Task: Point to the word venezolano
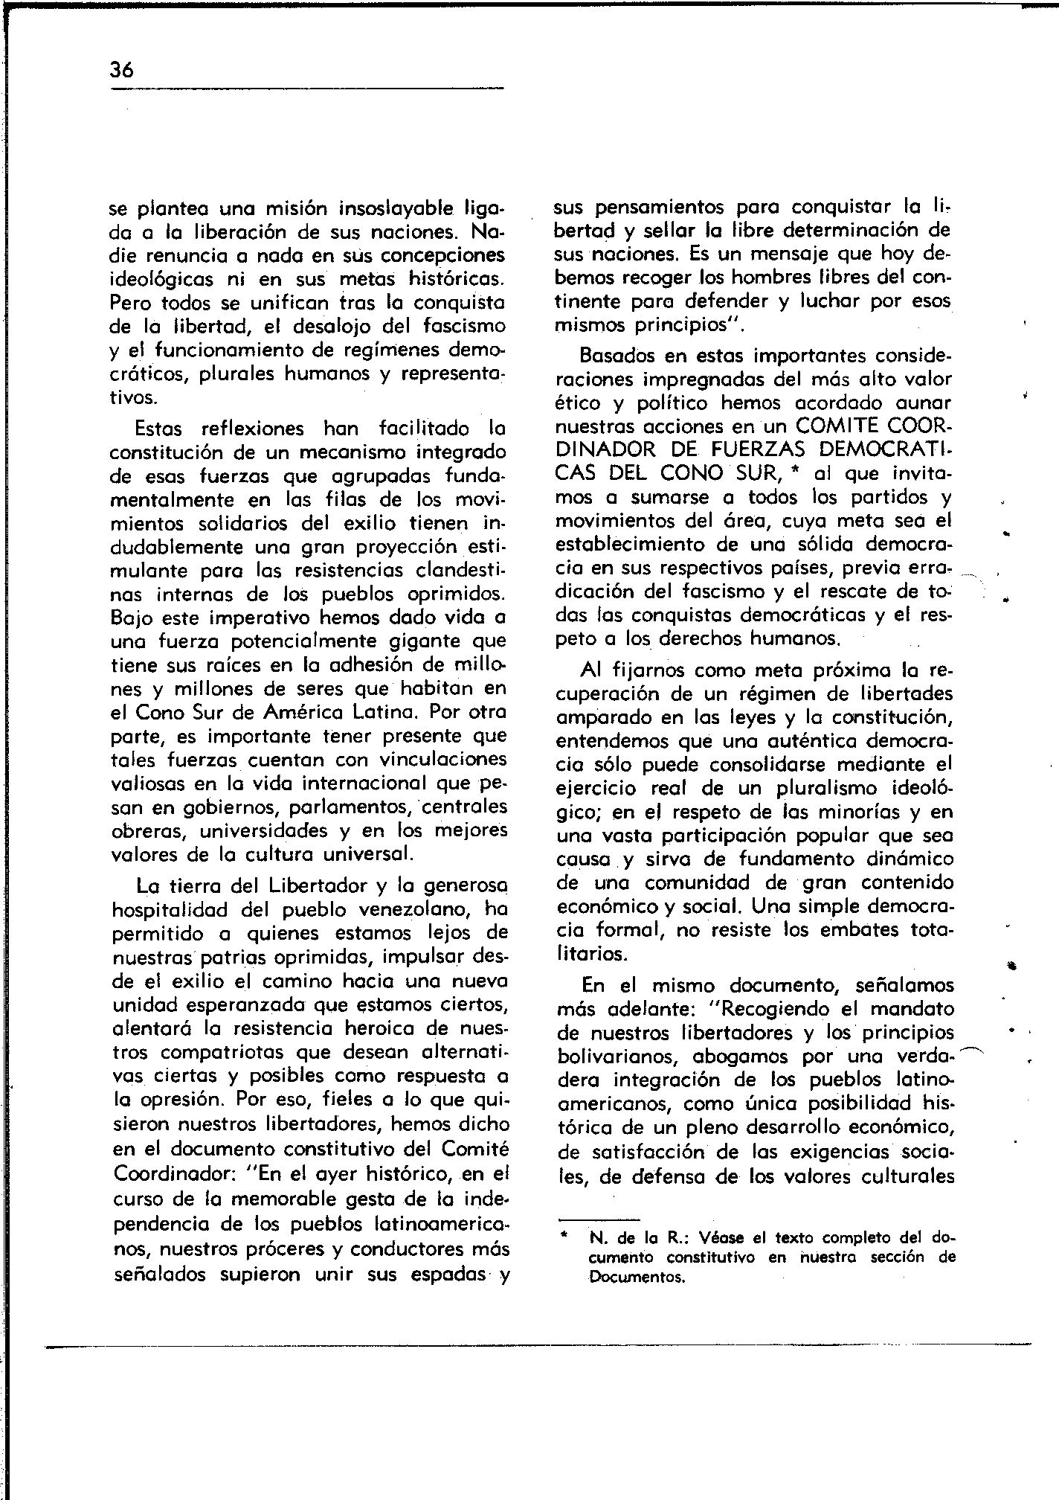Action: click(415, 910)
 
